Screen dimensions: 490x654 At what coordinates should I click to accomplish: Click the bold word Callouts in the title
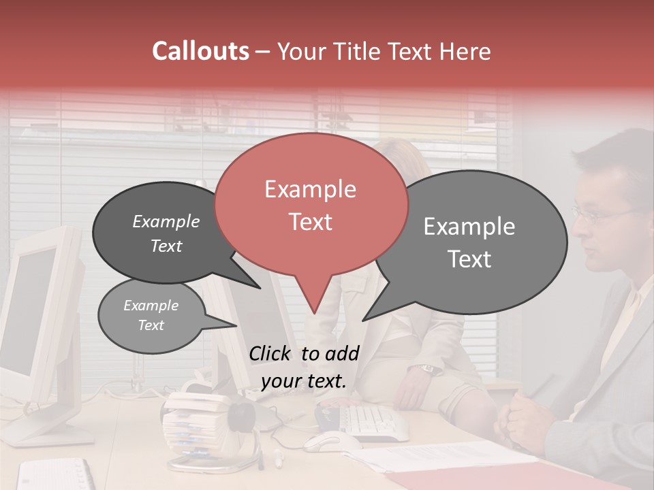tap(200, 51)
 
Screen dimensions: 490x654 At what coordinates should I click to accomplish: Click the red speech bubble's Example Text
tap(311, 205)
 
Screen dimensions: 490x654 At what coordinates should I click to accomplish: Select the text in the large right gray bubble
tap(469, 242)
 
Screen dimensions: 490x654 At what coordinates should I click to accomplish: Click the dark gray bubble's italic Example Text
tap(166, 233)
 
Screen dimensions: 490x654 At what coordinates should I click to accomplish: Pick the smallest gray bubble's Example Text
tap(151, 315)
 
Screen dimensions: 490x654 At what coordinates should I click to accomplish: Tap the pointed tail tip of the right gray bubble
tap(363, 320)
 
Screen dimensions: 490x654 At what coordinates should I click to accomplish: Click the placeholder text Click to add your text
tap(304, 367)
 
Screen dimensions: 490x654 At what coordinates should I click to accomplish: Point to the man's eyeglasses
tap(599, 215)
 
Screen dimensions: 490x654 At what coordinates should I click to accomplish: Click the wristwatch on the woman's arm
tap(428, 368)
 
